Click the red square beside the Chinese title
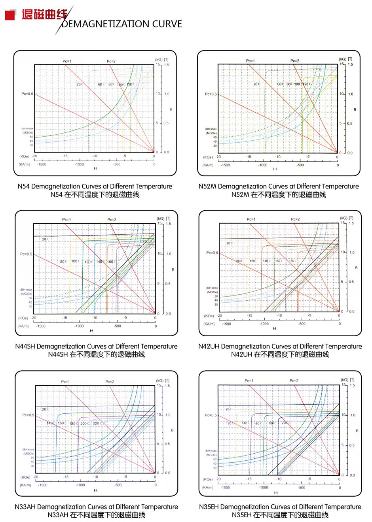click(x=10, y=15)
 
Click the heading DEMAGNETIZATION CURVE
click(x=122, y=24)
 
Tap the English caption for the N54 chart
click(x=95, y=187)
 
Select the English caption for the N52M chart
click(x=279, y=187)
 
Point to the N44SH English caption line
click(x=96, y=347)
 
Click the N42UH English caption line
click(x=280, y=347)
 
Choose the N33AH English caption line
click(x=96, y=507)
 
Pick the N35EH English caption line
click(x=280, y=507)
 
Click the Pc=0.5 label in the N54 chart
click(x=27, y=94)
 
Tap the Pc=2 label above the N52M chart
click(x=295, y=61)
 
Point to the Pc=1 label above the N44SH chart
click(x=66, y=220)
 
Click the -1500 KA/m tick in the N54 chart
click(x=42, y=164)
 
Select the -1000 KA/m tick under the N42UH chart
click(x=264, y=324)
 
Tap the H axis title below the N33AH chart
click(x=95, y=490)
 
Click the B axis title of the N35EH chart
click(x=357, y=431)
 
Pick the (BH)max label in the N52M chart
click(x=211, y=129)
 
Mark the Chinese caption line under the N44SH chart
click(x=96, y=355)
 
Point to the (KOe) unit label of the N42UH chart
click(x=209, y=316)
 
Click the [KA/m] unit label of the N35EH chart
click(x=208, y=488)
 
